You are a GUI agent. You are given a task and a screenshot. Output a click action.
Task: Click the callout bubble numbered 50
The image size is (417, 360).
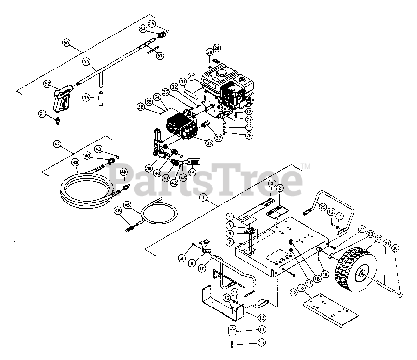click(x=66, y=43)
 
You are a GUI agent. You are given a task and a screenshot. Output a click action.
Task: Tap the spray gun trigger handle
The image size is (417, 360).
click(x=61, y=98)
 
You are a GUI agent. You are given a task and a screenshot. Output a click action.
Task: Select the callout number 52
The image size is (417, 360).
click(x=48, y=84)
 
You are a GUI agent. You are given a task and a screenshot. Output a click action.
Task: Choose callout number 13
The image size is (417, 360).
click(x=262, y=317)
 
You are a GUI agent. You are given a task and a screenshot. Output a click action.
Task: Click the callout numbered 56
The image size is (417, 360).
click(x=86, y=97)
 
